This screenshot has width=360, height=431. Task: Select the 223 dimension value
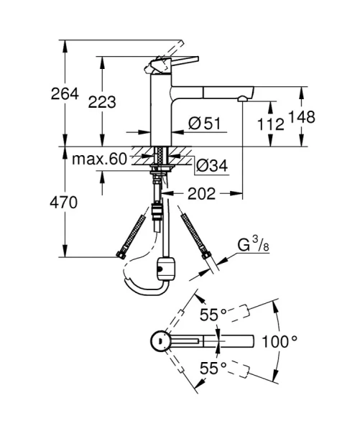pos(102,101)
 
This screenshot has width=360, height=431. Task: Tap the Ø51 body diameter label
pos(203,124)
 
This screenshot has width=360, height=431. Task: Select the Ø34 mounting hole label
pos(212,166)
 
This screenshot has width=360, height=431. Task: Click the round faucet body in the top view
pos(160,342)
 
